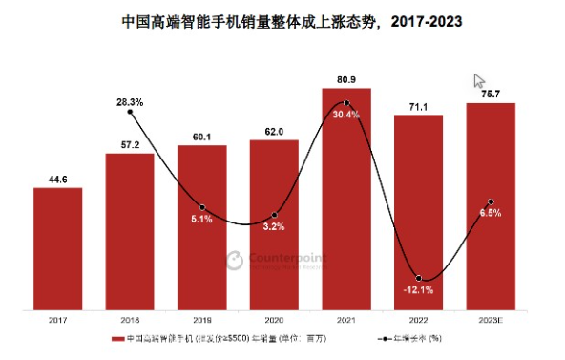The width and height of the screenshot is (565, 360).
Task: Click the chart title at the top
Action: pyautogui.click(x=282, y=20)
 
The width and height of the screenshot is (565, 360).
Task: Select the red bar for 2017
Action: pyautogui.click(x=57, y=248)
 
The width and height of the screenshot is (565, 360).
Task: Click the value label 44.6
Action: pyautogui.click(x=57, y=177)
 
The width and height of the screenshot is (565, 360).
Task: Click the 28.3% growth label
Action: pyautogui.click(x=130, y=100)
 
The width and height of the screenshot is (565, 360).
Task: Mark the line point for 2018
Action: pyautogui.click(x=130, y=113)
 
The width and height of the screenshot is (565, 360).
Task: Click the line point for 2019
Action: pyautogui.click(x=202, y=207)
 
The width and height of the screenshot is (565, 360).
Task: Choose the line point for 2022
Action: pyautogui.click(x=419, y=278)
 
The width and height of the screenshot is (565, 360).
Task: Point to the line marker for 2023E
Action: pyautogui.click(x=491, y=201)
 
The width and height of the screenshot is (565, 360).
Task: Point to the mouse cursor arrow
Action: pyautogui.click(x=480, y=81)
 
